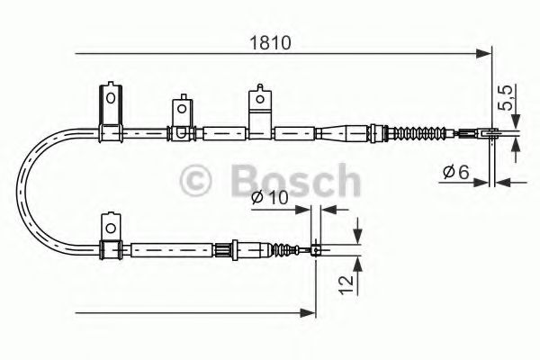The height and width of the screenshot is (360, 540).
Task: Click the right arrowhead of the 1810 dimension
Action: coord(486,56)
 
